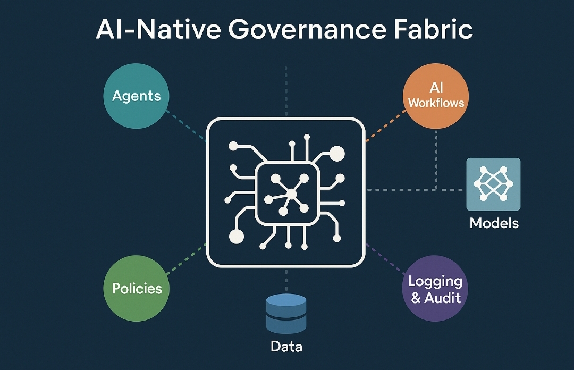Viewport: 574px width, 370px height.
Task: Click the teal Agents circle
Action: click(136, 96)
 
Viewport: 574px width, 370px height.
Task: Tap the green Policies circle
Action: click(137, 289)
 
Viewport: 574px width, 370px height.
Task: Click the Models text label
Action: click(494, 223)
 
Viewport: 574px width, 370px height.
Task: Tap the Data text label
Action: click(286, 347)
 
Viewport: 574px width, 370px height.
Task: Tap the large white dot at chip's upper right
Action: click(337, 154)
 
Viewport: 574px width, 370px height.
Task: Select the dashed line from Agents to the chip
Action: click(186, 125)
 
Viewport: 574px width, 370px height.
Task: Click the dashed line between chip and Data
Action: click(286, 279)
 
